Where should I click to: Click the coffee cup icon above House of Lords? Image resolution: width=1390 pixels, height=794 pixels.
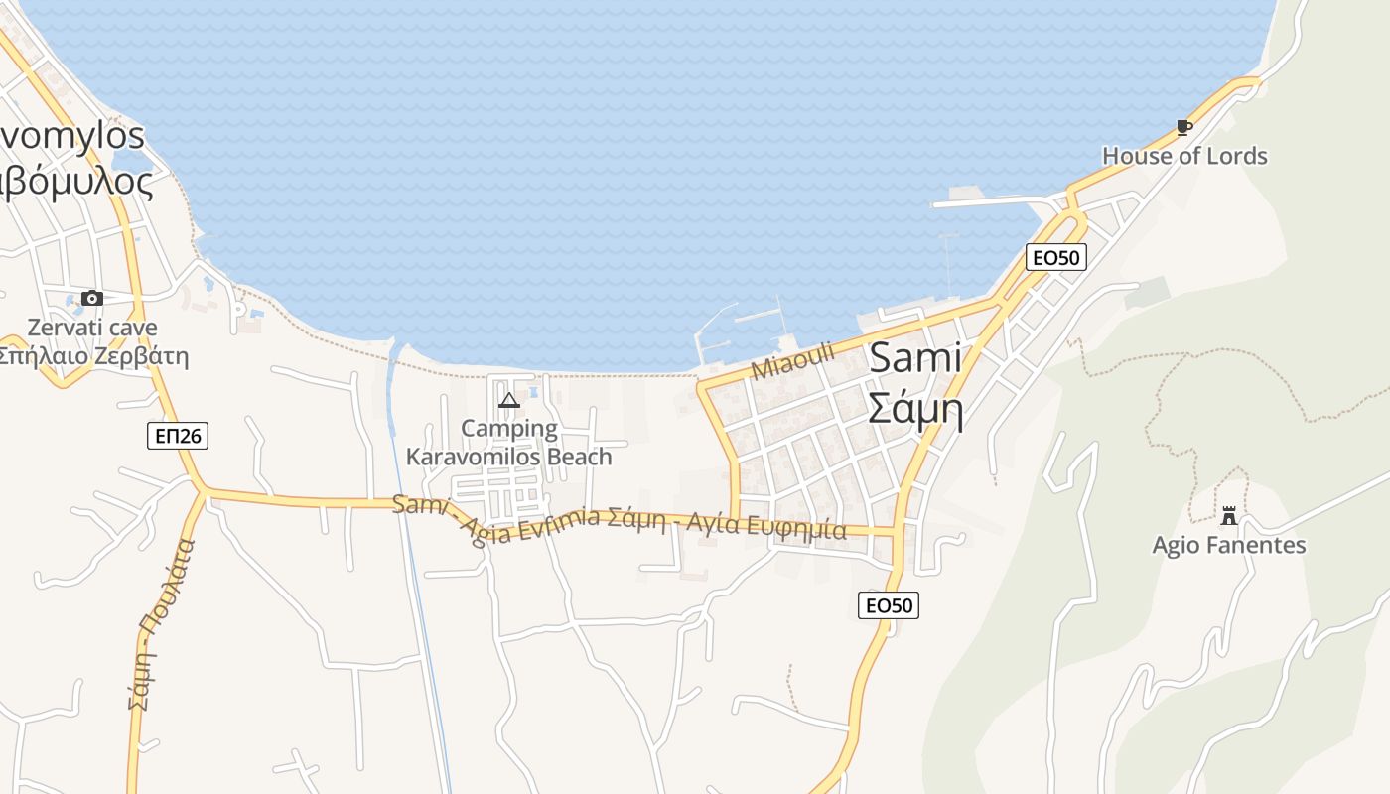point(1183,127)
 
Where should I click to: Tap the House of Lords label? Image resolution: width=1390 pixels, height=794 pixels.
point(1184,156)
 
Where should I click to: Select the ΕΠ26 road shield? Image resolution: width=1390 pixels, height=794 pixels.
point(178,435)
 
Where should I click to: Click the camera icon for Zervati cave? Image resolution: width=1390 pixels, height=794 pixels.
point(92,298)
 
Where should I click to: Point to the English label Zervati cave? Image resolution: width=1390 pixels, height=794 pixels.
point(92,327)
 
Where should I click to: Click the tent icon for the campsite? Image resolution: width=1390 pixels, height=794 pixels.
point(509,400)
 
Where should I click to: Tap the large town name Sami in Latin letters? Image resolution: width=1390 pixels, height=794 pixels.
point(915,358)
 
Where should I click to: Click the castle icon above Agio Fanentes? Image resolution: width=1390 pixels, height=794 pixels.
point(1229,515)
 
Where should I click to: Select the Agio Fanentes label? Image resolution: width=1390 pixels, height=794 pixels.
point(1229,545)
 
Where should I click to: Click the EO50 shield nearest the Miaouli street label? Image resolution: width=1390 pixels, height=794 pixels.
point(1055,257)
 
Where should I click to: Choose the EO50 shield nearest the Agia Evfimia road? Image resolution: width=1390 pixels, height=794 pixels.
point(889,604)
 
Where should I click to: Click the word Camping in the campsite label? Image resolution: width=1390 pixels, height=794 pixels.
point(509,429)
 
